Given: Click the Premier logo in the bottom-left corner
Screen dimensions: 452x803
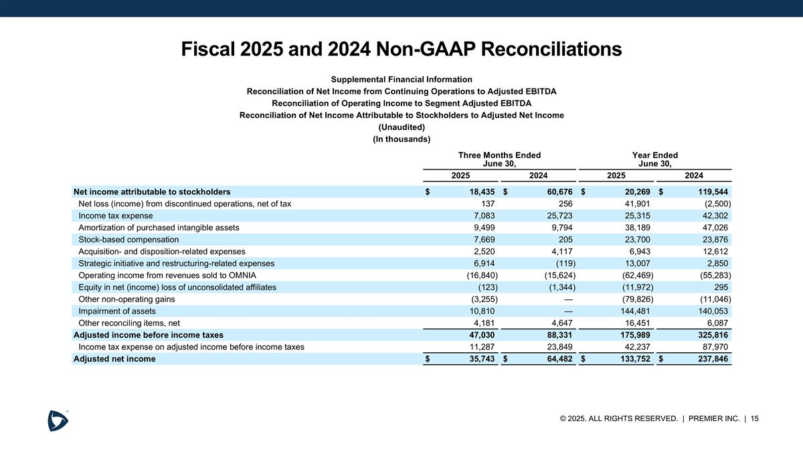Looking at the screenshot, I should (58, 421).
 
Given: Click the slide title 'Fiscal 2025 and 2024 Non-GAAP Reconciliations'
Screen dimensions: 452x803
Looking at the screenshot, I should (401, 49).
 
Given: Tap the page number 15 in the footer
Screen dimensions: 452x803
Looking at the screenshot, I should (755, 419).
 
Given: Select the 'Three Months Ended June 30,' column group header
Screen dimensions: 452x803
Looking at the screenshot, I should (499, 159).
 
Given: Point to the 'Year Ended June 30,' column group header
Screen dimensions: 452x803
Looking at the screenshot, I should (654, 159).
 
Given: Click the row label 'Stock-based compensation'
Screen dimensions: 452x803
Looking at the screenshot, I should (128, 239).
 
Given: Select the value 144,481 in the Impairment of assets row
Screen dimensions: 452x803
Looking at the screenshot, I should (634, 311).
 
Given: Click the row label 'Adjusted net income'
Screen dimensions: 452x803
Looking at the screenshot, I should (114, 358).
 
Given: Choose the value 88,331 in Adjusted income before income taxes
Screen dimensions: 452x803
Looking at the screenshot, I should (557, 335).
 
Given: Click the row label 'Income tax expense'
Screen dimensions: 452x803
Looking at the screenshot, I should (115, 216).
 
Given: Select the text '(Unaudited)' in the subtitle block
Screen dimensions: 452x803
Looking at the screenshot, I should (401, 127).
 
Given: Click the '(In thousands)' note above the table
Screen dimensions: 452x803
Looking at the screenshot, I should (401, 139).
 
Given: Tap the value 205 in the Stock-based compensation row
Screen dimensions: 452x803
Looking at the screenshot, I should (567, 239).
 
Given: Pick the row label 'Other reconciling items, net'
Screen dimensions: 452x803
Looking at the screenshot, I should (129, 323).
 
